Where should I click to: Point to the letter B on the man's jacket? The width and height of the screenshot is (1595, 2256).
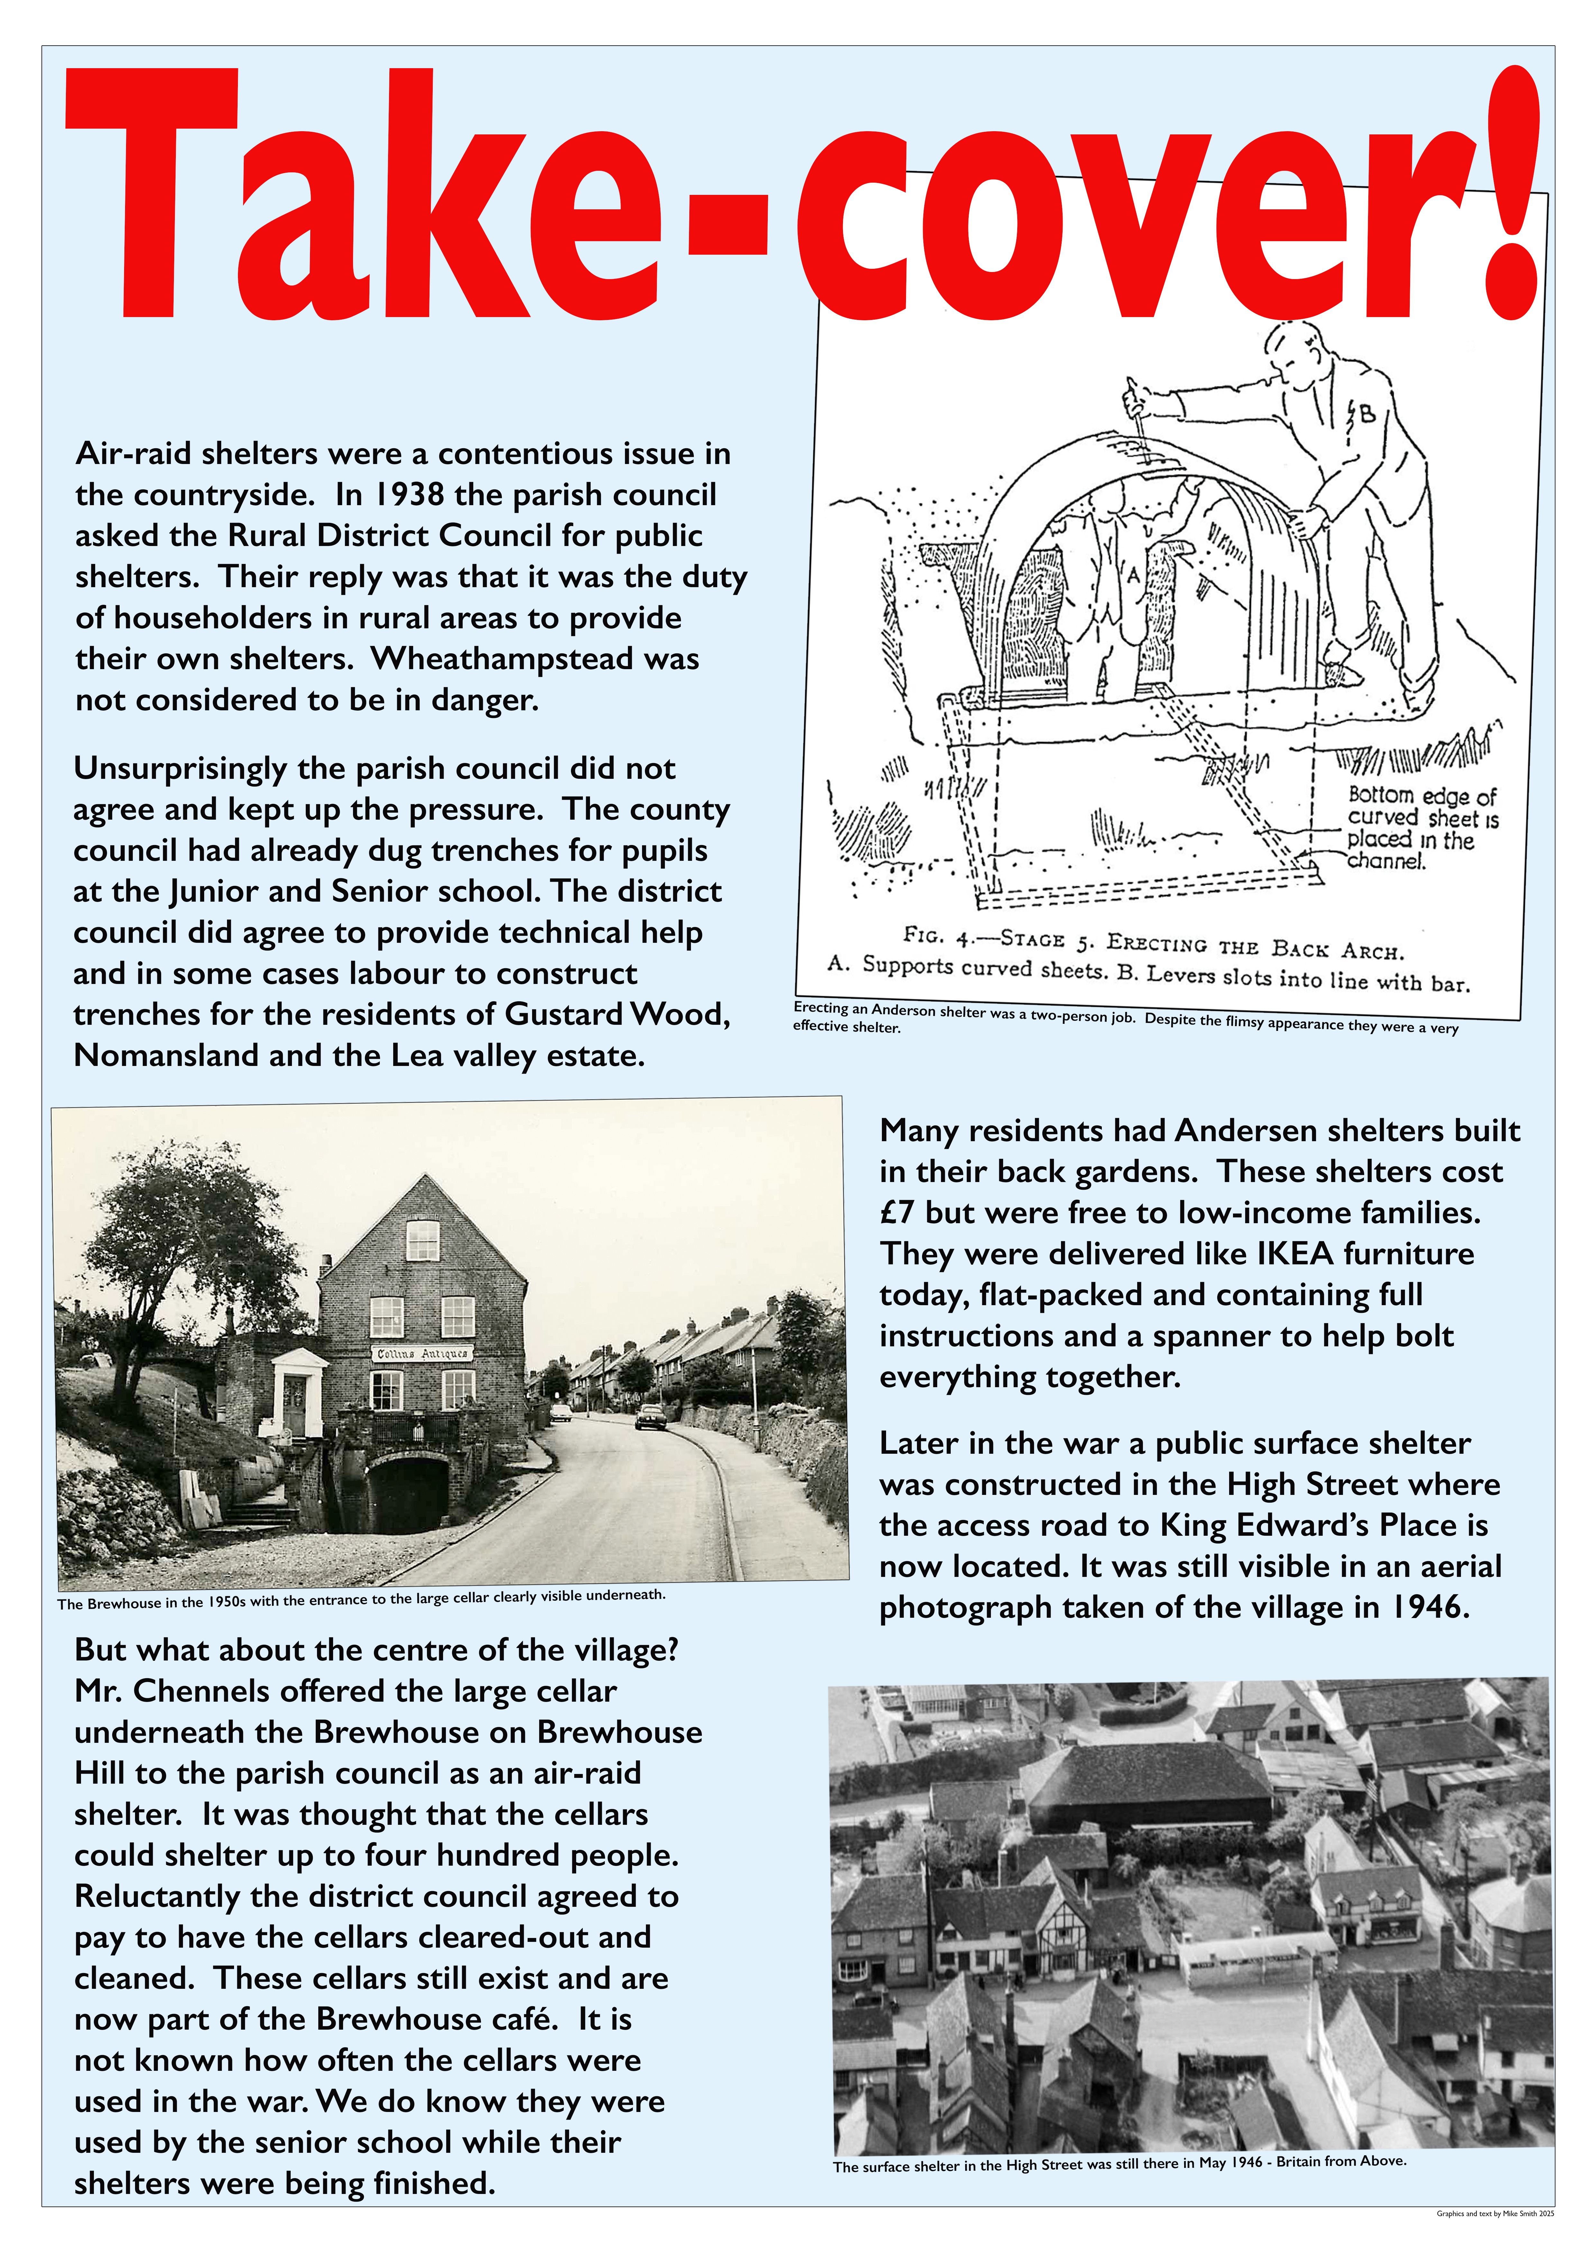click(x=1366, y=415)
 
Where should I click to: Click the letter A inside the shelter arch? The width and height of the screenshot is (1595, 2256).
click(x=1133, y=575)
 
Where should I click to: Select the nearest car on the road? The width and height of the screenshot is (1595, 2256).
click(x=651, y=1417)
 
